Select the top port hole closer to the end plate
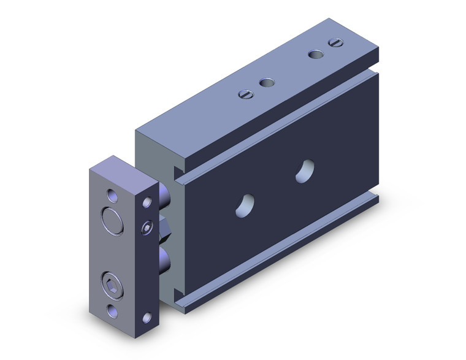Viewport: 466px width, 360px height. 266,83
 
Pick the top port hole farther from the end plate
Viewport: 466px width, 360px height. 315,54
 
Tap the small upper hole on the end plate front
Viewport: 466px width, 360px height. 111,196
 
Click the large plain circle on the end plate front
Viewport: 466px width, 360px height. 113,221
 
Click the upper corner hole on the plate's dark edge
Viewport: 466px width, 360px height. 147,201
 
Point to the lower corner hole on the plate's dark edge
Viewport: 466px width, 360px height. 147,317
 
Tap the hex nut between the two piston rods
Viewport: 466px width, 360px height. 164,230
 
